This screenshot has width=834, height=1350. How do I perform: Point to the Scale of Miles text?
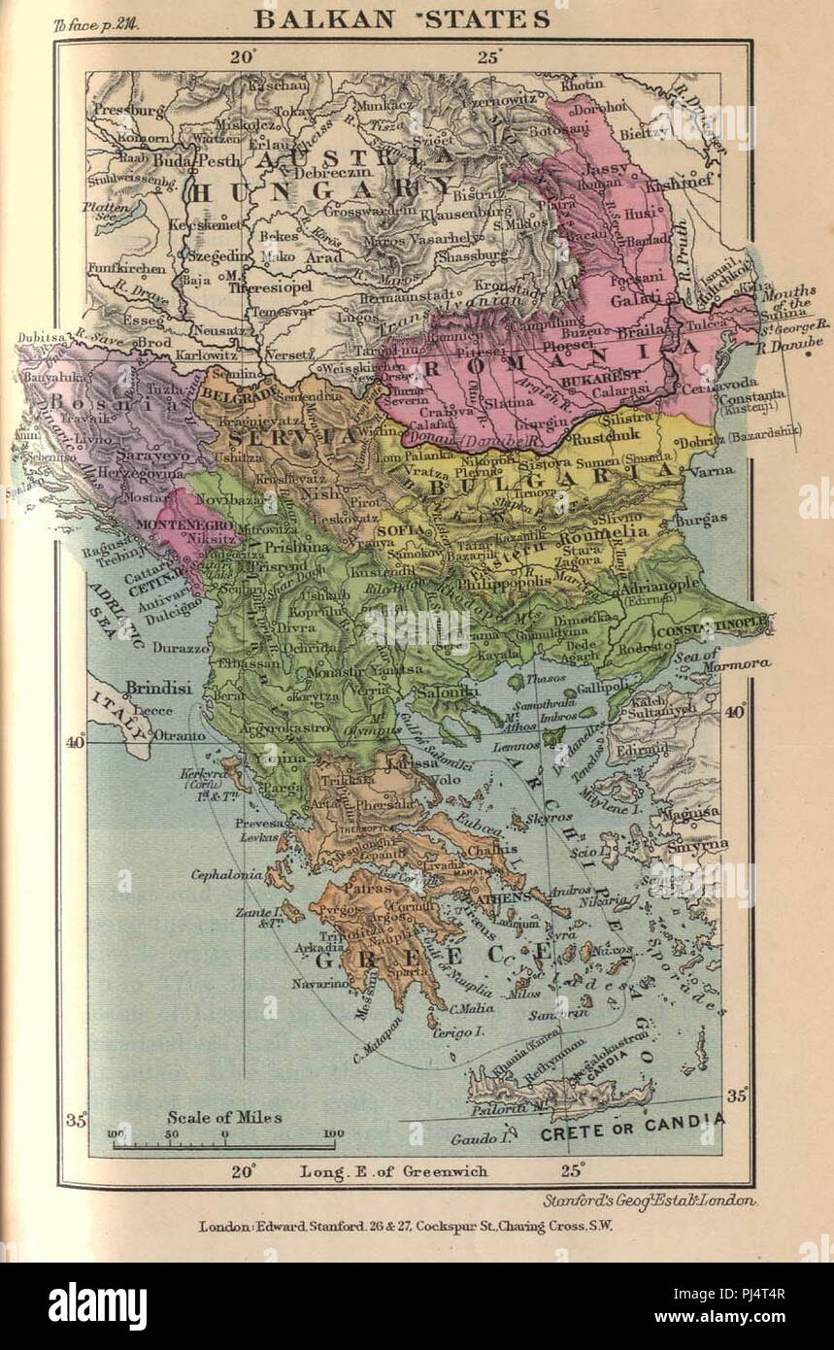pos(223,1118)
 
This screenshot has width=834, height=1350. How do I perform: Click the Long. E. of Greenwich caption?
pos(407,1171)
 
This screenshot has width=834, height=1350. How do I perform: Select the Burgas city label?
pos(700,519)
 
